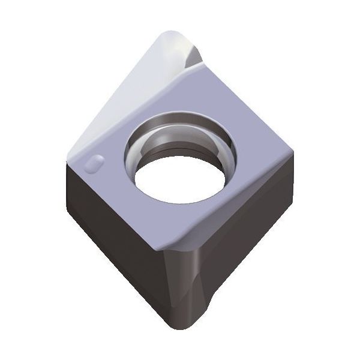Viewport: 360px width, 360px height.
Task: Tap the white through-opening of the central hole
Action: tap(174, 183)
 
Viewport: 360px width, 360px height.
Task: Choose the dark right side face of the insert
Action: tap(252, 222)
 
